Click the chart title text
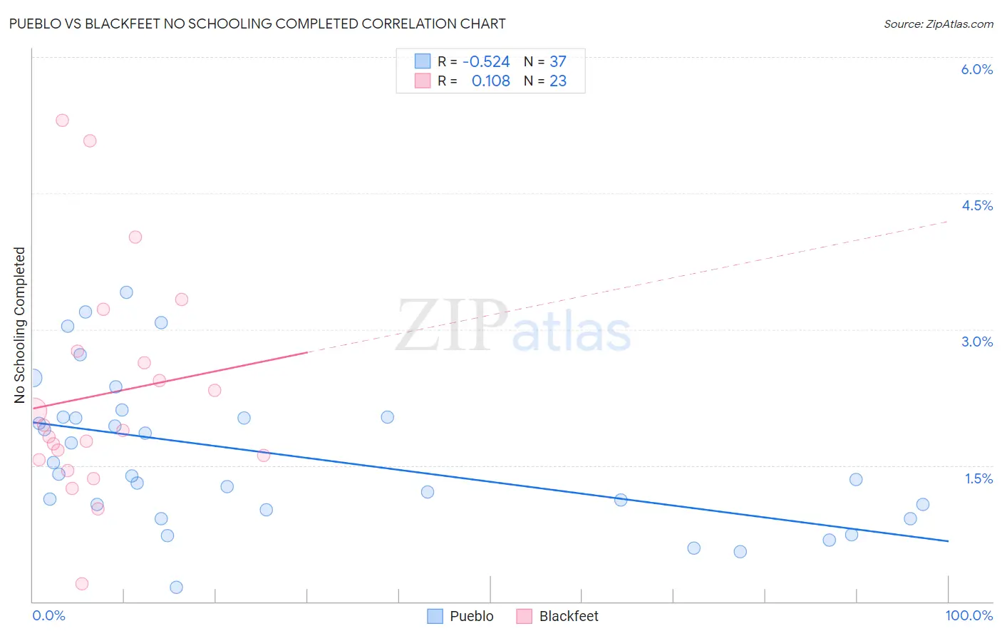pos(257,24)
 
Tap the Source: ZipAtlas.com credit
pos(938,24)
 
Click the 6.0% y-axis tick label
pos(976,69)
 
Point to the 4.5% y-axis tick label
pos(976,205)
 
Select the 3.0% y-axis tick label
pos(976,342)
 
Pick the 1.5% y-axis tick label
pos(978,478)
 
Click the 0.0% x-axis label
pos(48,615)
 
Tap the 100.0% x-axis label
pos(969,615)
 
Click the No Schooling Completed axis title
pos(19,325)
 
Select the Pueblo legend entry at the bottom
pos(471,616)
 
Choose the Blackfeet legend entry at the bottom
pos(568,616)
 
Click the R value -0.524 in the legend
pos(486,62)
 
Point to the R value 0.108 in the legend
pos(490,81)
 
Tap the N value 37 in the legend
pos(557,62)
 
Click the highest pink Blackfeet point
pos(62,120)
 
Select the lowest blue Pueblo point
pos(177,588)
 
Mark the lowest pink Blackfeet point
pos(82,584)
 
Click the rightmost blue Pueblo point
pos(923,504)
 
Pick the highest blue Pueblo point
pos(126,292)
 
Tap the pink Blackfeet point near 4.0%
pos(135,237)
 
